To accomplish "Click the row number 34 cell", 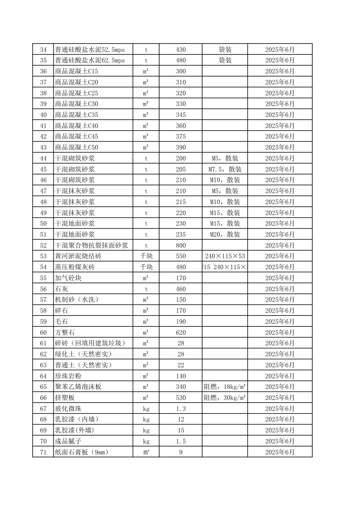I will (x=43, y=50).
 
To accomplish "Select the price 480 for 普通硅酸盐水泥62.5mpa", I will (x=181, y=61).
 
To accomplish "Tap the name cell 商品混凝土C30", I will (x=77, y=104).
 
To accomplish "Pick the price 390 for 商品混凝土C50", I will (x=181, y=148).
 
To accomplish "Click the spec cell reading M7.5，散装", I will (x=225, y=169).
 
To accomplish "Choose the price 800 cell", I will (x=181, y=245).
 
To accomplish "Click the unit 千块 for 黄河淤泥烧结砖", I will (x=146, y=256).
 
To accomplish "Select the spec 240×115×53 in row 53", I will (x=225, y=256).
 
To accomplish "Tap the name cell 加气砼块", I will (x=68, y=278).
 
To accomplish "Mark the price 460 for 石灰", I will (x=181, y=289).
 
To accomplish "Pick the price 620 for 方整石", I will (x=181, y=333).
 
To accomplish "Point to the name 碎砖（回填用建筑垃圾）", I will (x=90, y=343).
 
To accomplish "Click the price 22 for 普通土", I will (x=181, y=365).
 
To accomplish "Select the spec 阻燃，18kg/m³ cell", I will (x=225, y=387).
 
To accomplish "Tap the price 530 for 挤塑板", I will (x=181, y=398).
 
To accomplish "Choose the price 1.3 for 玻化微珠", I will (x=181, y=409).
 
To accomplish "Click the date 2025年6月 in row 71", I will (x=280, y=452).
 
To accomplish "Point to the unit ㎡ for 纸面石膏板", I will (x=146, y=452).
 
